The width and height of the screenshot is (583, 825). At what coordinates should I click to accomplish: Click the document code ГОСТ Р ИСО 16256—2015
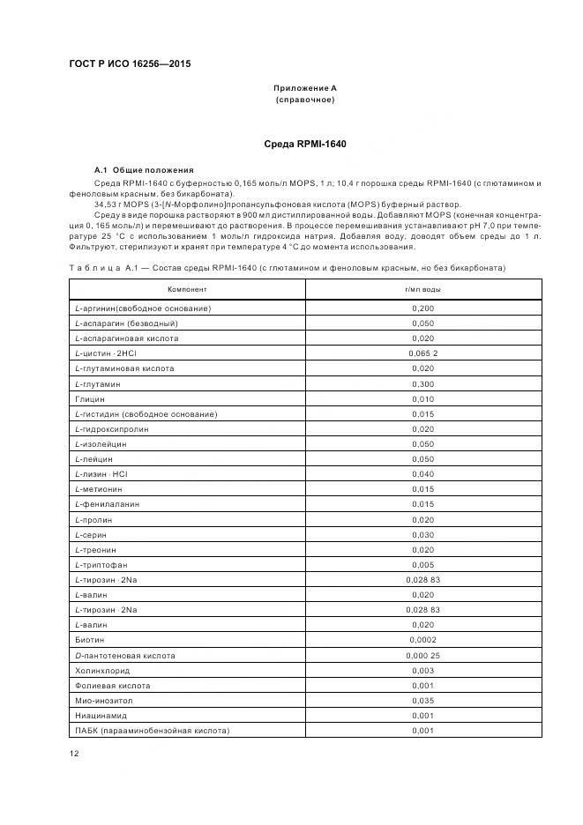131,63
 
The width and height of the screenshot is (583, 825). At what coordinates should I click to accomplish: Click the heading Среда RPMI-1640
304,143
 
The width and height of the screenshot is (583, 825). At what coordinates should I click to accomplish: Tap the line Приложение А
304,88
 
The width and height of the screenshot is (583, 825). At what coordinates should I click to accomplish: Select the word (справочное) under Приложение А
304,100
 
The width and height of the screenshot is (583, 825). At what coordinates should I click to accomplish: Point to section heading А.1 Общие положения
144,169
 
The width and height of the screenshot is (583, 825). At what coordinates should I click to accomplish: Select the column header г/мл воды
422,288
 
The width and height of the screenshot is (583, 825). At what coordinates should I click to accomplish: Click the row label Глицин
89,399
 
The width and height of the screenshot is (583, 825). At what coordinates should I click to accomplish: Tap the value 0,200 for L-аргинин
422,308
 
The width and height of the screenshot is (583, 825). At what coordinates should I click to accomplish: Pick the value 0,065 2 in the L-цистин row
422,353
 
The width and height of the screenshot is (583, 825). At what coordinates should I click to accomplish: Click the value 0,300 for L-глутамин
422,385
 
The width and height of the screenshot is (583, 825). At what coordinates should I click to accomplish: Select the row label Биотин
89,640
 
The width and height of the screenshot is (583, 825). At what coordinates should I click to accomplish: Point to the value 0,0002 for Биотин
422,640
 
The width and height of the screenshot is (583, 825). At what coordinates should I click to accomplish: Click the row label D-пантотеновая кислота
125,656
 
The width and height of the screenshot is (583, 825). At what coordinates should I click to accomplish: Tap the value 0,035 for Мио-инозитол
422,701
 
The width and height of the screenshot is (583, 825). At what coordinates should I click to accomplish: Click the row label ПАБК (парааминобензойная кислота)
152,731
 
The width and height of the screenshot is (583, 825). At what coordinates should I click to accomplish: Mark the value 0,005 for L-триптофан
422,565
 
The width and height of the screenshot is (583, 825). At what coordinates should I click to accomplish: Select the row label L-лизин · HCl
101,474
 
